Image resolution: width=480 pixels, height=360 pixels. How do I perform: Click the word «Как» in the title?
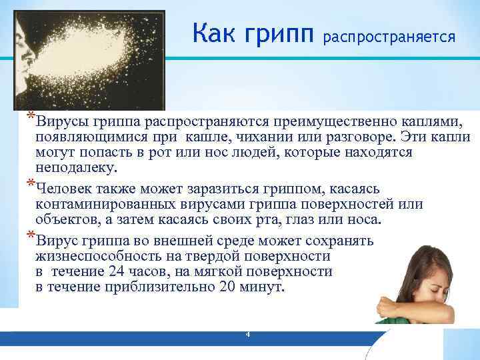(x=213, y=32)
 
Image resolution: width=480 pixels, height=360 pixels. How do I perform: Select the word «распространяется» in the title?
(x=389, y=37)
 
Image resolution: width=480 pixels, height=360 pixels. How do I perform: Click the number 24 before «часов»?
(x=118, y=271)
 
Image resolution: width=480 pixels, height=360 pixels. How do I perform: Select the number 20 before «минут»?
(x=227, y=287)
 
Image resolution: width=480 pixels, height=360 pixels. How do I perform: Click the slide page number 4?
(x=247, y=334)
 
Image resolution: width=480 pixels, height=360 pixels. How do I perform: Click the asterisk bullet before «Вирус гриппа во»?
(x=30, y=235)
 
